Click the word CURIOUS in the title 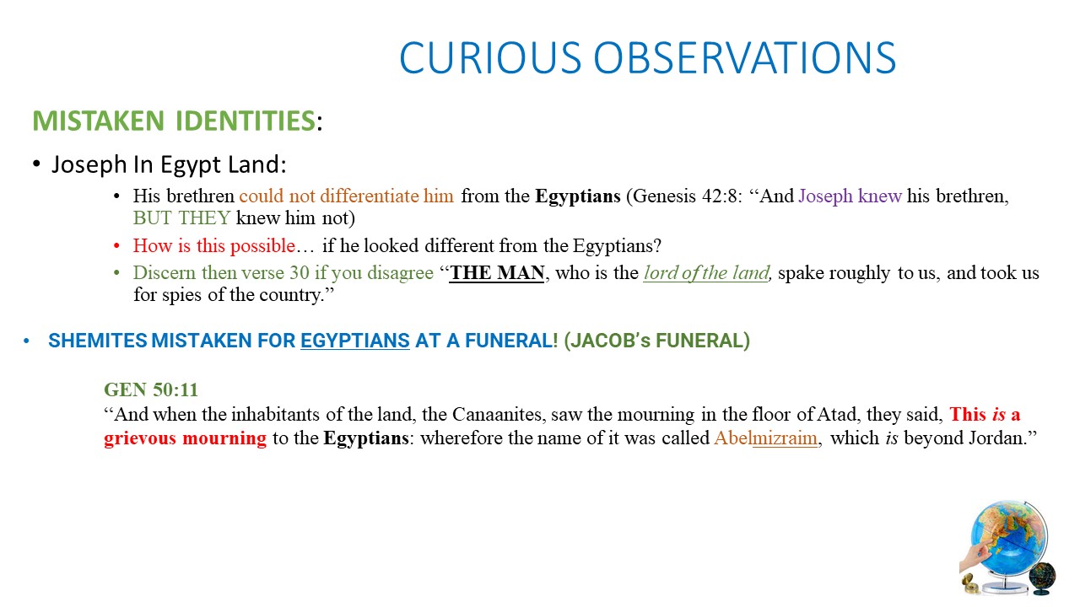point(490,58)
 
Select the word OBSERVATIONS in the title point(744,58)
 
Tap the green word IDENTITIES point(245,121)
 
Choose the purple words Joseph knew point(850,196)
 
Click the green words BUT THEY point(181,218)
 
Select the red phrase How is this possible point(214,245)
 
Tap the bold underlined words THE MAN point(497,272)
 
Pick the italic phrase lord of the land point(706,272)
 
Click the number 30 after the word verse point(300,272)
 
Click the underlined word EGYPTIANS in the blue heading point(355,341)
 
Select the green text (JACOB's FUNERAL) point(656,341)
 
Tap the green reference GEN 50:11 point(151,389)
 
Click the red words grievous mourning point(185,438)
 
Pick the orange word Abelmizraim point(765,438)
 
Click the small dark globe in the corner point(1042,577)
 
